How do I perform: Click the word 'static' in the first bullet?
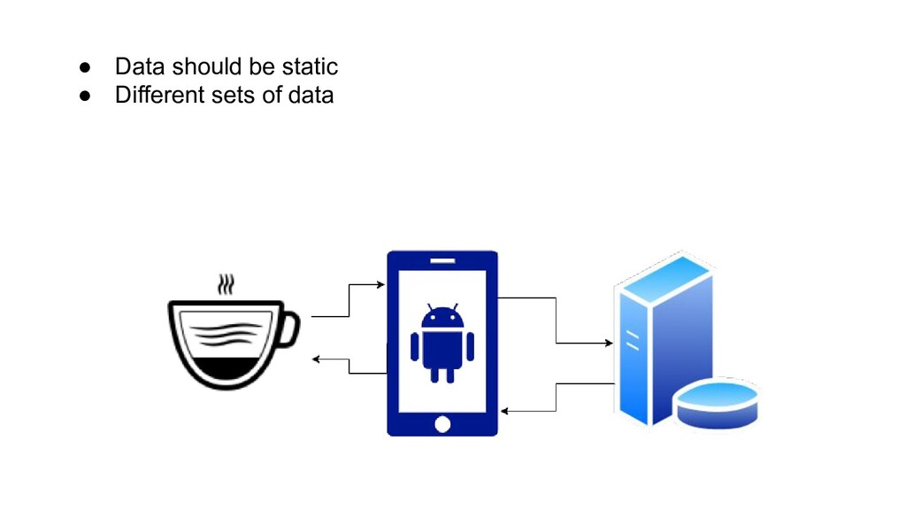(311, 66)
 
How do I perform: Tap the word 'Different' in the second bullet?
(154, 95)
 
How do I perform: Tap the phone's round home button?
(442, 424)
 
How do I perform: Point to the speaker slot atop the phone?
(442, 261)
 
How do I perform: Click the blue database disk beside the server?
(717, 403)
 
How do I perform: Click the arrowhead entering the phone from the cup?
(380, 285)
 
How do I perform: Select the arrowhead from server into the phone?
(504, 411)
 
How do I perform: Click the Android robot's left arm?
(415, 346)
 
